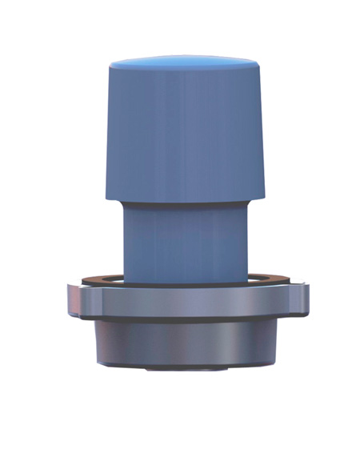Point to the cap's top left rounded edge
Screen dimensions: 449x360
112,67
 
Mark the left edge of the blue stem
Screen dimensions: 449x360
124,240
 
